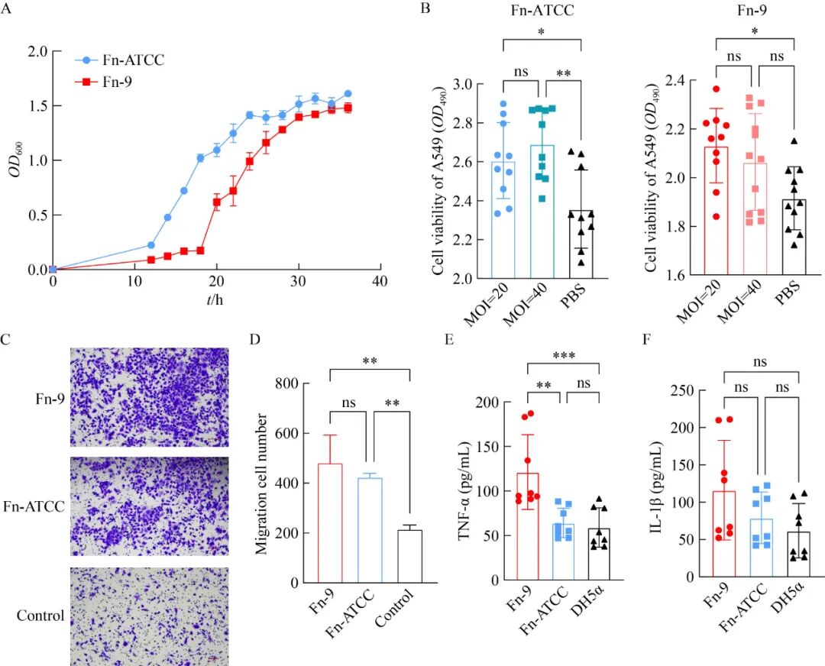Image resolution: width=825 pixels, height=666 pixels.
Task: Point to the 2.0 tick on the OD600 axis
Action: [39, 51]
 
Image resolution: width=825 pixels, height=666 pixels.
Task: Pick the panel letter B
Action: [426, 9]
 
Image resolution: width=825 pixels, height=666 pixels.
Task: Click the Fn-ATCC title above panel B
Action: [542, 11]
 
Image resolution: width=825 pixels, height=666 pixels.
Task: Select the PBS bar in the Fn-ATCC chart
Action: [581, 244]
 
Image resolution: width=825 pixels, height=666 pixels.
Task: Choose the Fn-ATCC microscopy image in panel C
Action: [149, 506]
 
